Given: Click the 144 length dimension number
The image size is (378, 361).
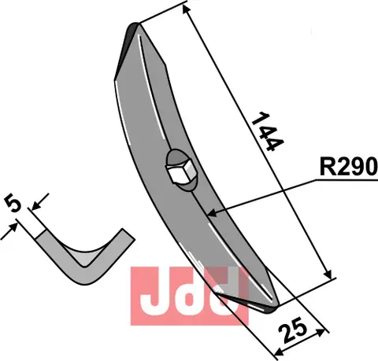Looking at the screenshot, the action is click(x=268, y=132).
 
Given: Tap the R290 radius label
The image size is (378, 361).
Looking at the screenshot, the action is click(x=349, y=167).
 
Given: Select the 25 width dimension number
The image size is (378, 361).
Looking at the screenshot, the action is click(x=293, y=330).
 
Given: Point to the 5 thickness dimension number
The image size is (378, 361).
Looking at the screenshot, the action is click(x=13, y=202).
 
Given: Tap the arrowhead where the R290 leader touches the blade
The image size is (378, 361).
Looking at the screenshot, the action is click(x=211, y=213).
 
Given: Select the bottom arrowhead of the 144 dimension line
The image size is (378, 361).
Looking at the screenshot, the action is click(x=328, y=274).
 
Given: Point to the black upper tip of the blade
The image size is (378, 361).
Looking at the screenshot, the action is click(x=133, y=28).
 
